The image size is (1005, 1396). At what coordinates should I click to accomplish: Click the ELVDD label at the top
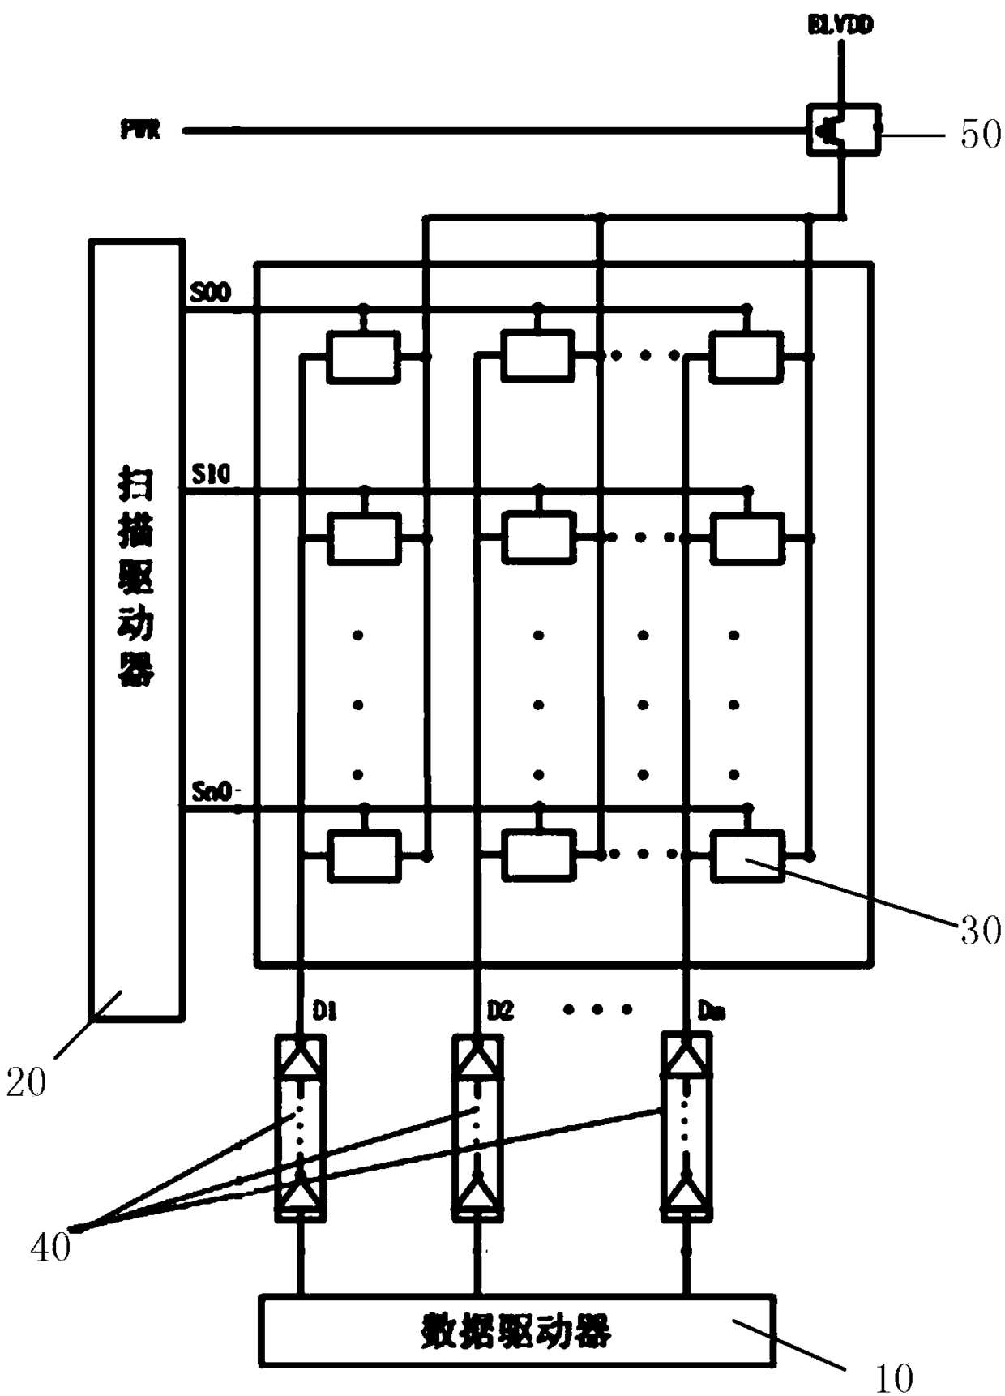click(840, 26)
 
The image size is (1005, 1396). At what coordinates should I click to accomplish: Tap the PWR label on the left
click(140, 130)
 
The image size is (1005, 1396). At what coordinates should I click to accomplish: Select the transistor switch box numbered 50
click(843, 129)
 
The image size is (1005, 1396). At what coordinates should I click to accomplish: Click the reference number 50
click(980, 135)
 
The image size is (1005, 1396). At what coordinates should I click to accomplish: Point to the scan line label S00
click(210, 293)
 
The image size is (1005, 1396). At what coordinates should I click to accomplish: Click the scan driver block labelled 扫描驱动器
click(135, 628)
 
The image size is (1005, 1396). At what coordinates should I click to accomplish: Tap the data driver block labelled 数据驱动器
click(516, 1330)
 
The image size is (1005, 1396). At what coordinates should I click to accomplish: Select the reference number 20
click(26, 1082)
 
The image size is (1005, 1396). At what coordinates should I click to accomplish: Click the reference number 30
click(980, 931)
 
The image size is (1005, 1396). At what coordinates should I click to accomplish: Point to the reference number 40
click(50, 1246)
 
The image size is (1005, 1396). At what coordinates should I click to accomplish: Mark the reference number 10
click(893, 1377)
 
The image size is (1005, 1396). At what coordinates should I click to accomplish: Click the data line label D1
click(324, 1011)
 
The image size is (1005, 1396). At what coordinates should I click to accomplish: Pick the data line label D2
click(500, 1011)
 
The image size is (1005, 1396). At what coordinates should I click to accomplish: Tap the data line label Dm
click(711, 1011)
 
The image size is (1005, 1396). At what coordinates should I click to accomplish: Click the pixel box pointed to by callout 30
click(747, 856)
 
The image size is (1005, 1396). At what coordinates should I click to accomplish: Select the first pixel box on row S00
click(363, 357)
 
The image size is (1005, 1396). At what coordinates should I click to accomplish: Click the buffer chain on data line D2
click(477, 1128)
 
